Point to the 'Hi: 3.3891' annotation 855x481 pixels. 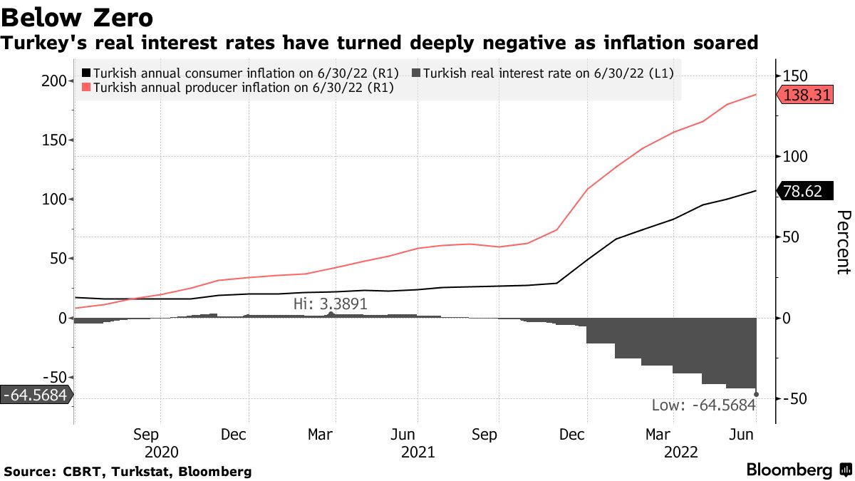tap(331, 304)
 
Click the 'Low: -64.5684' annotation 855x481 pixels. tap(703, 406)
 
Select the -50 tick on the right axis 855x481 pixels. tap(797, 398)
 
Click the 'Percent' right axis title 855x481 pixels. tap(843, 242)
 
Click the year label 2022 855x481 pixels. tap(680, 452)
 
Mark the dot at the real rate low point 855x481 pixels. tap(756, 394)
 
